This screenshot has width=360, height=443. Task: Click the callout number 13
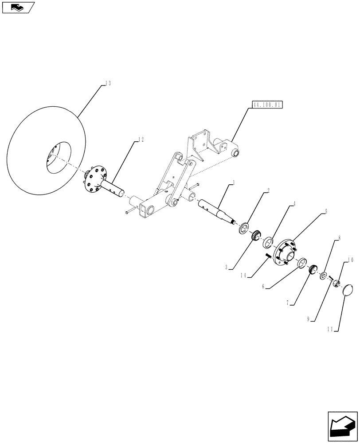tap(108, 83)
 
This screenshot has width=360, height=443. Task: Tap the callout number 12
tap(141, 140)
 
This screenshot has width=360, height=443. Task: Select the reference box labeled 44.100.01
tap(267, 105)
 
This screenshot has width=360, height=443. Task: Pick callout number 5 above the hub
tap(326, 212)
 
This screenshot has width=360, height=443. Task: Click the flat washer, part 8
tap(325, 276)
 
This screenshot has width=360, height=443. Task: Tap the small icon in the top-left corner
tap(18, 7)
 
